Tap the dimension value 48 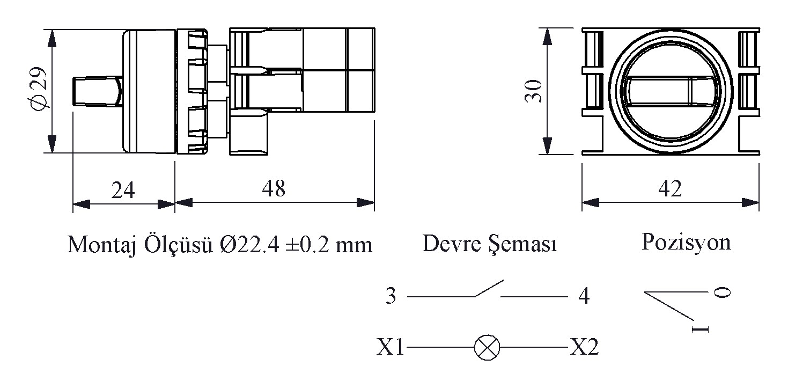pos(274,188)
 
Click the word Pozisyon pos(686,243)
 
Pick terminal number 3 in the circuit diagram pos(391,297)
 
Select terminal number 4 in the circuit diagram pos(584,297)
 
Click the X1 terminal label pos(390,348)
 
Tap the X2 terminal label pos(584,348)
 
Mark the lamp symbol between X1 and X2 pos(487,348)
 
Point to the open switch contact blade pos(488,288)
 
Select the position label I pos(701,328)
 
